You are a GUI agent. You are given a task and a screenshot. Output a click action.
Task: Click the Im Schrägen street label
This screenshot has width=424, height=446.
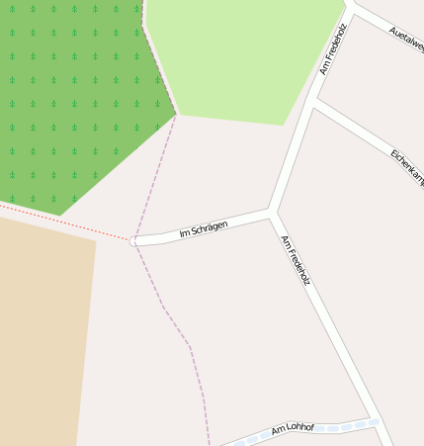(x=204, y=229)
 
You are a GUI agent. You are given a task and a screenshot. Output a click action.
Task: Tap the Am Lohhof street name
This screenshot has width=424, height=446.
(x=293, y=428)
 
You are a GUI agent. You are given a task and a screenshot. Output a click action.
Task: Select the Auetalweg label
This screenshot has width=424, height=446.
(x=407, y=39)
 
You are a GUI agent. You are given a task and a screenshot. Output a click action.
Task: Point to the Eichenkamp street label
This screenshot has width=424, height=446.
(x=407, y=168)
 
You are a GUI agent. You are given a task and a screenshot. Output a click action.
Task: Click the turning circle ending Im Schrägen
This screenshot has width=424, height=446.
(x=134, y=240)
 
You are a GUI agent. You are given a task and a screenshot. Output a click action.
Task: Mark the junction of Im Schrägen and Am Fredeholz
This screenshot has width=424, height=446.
(x=273, y=211)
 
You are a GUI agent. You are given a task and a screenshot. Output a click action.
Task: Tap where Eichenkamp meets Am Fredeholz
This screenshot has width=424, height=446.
(x=314, y=102)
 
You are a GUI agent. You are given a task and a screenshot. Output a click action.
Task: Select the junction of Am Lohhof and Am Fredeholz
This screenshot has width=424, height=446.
(x=375, y=419)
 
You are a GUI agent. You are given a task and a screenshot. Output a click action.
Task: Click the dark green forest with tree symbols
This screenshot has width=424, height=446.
(x=69, y=99)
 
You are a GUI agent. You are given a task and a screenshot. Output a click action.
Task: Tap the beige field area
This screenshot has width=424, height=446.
(x=40, y=326)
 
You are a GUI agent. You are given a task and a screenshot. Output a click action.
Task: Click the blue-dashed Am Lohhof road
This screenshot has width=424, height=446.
(x=336, y=428)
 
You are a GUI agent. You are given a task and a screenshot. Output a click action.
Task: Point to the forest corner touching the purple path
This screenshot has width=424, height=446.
(x=175, y=115)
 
